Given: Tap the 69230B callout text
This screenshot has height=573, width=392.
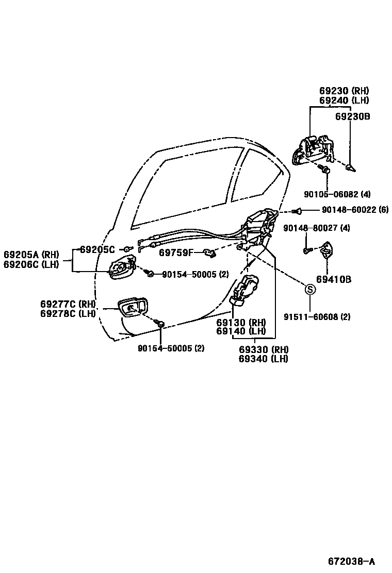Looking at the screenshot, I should tap(353, 116).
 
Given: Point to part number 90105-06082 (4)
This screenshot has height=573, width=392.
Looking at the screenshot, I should tap(337, 194).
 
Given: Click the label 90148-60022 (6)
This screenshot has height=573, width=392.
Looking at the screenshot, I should tap(355, 210).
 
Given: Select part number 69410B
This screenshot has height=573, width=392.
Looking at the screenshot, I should tap(334, 280).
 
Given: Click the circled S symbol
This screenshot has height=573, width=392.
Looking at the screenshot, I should tap(310, 290).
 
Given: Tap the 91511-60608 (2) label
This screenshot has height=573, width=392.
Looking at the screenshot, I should tap(317, 317).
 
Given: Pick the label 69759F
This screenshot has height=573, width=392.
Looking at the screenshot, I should tap(176, 252).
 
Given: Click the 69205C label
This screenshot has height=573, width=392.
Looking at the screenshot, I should tap(98, 249).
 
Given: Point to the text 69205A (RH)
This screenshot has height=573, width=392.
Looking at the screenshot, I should tap(31, 255).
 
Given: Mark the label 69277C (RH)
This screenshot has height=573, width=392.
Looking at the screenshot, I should tap(68, 304).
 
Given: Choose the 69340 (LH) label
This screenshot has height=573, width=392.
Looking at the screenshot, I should tap(263, 359).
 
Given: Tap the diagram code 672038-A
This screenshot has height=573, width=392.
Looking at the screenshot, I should tap(351, 561).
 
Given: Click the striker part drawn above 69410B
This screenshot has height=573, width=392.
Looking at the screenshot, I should tap(326, 250).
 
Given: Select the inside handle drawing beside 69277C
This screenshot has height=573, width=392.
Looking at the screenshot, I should tap(133, 308).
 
